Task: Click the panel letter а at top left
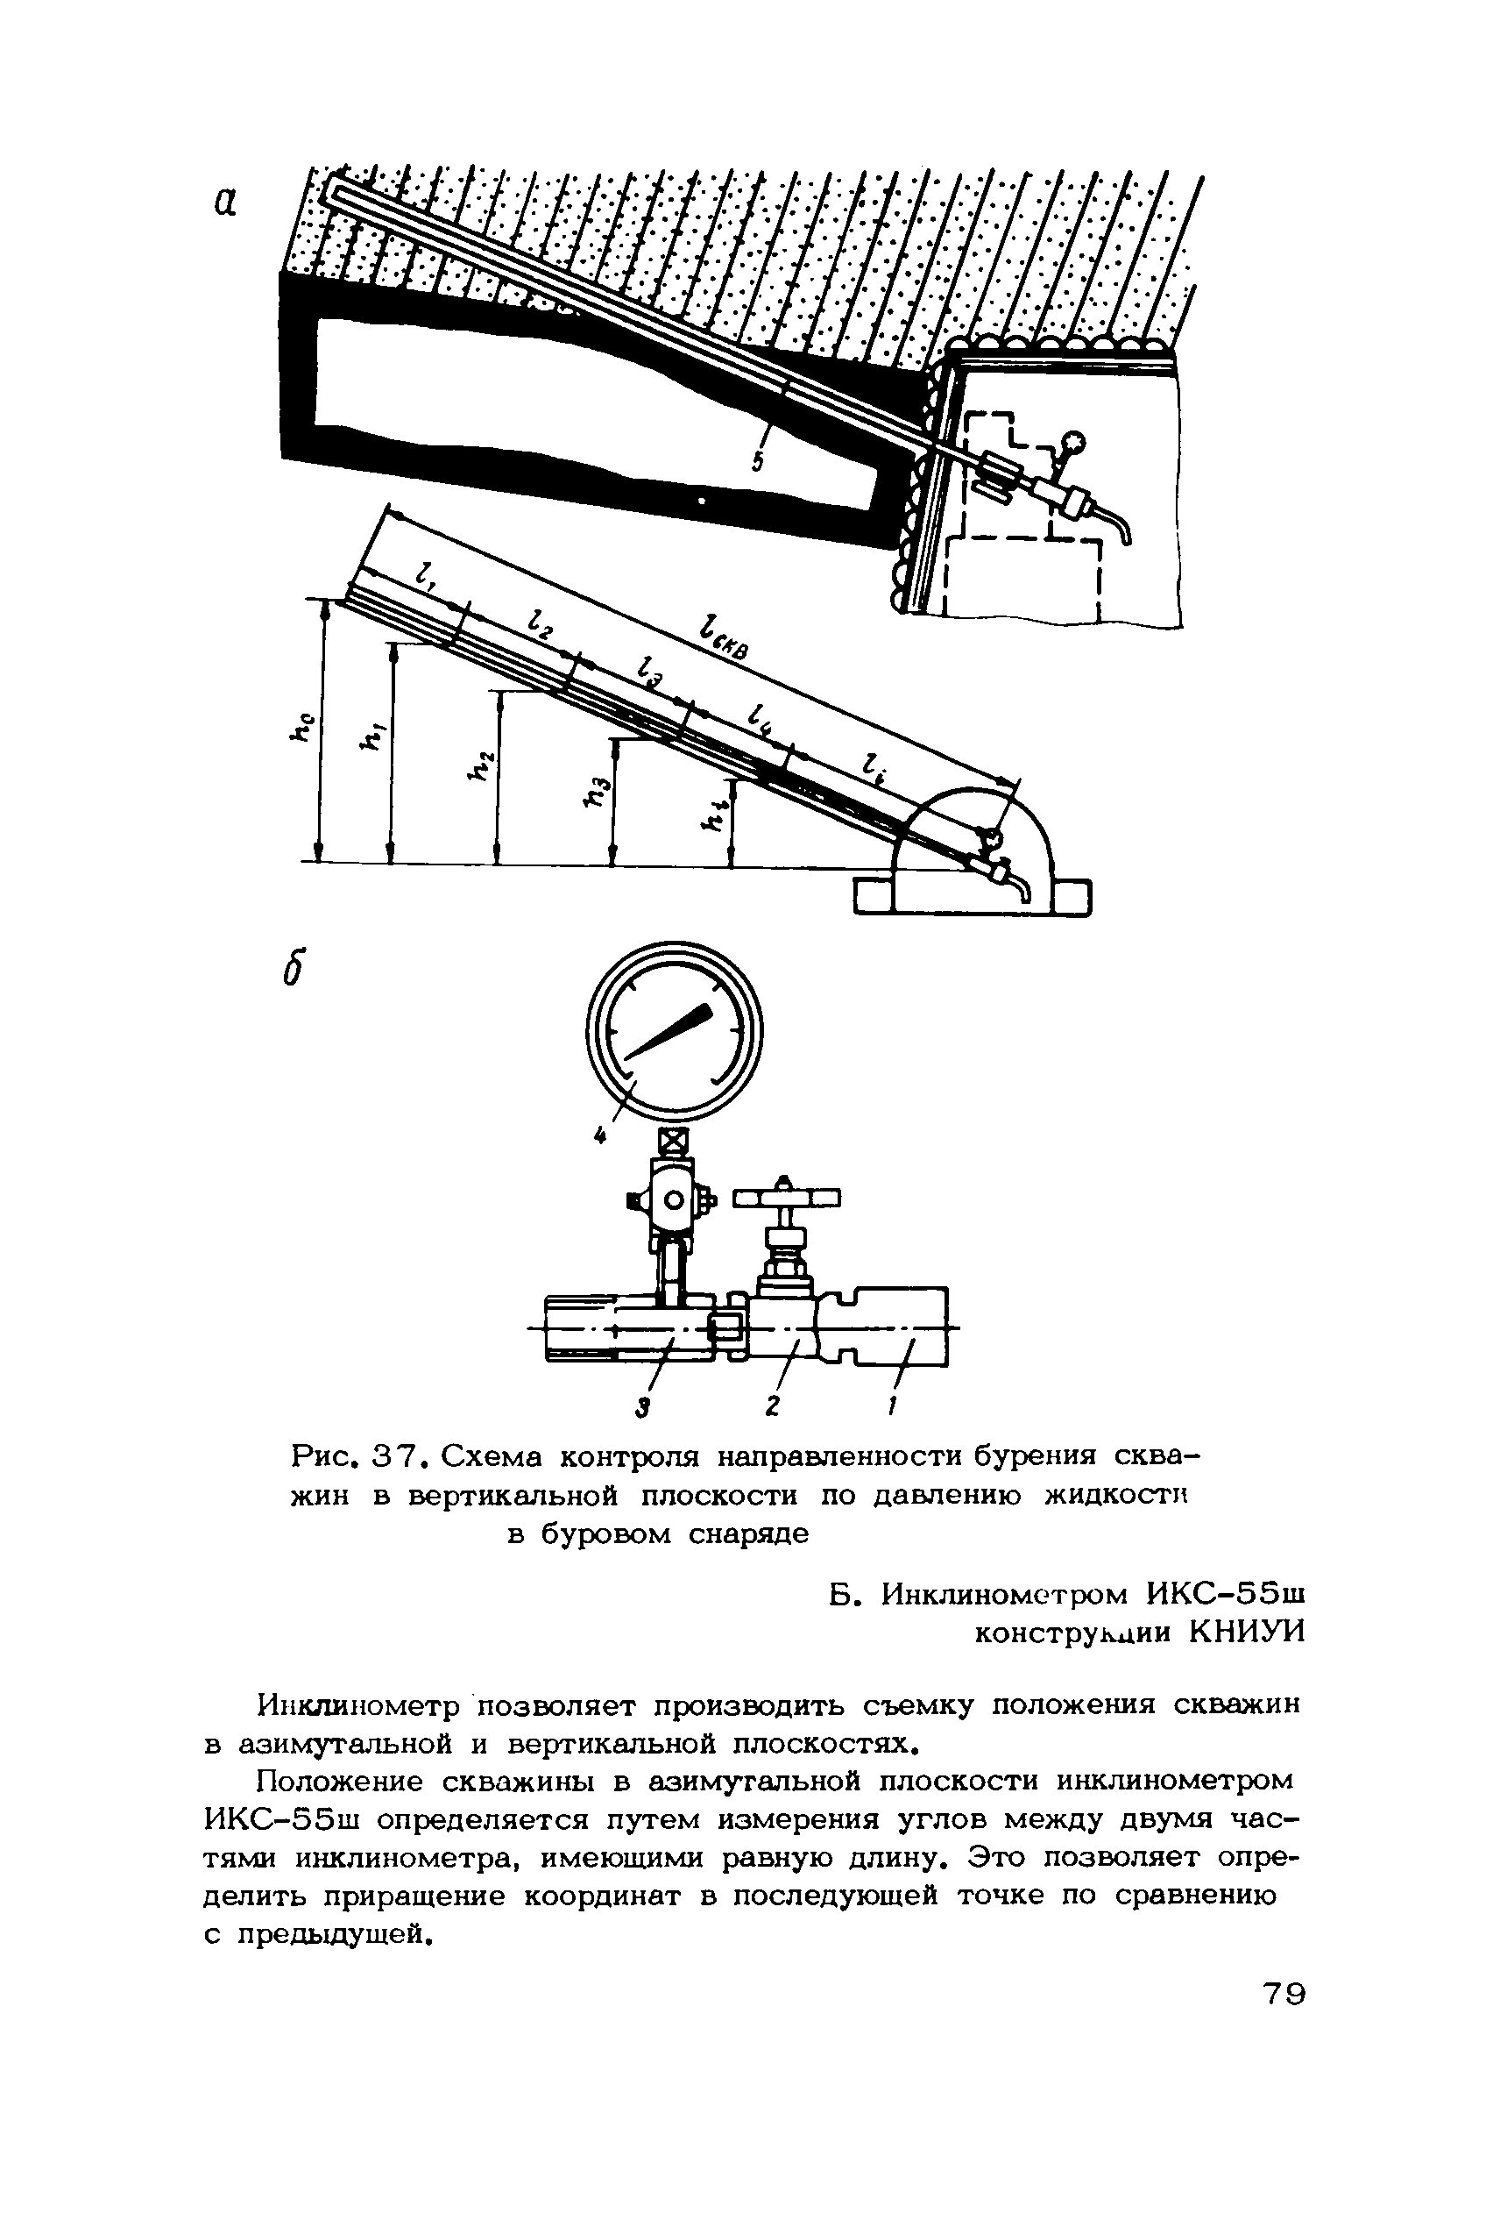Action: pyautogui.click(x=225, y=201)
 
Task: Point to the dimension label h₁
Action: pyautogui.click(x=367, y=735)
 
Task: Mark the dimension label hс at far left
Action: pyautogui.click(x=302, y=728)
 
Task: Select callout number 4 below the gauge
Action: pyautogui.click(x=600, y=1135)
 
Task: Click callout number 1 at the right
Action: pyautogui.click(x=892, y=1405)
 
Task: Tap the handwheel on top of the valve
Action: pyautogui.click(x=785, y=1198)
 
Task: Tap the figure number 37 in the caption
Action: pyautogui.click(x=384, y=1456)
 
